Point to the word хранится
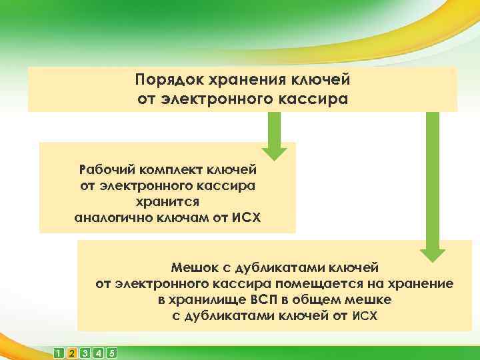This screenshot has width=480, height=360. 167,201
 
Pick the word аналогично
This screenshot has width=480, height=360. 111,217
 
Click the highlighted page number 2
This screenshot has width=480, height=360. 72,353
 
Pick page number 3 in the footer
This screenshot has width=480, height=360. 85,353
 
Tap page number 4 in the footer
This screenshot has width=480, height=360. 99,353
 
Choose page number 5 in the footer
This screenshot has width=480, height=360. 112,353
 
